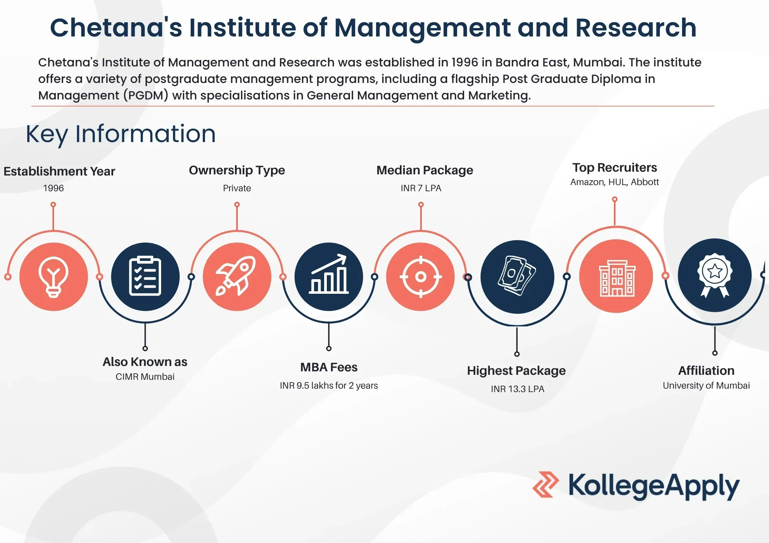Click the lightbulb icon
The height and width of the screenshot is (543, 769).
click(53, 277)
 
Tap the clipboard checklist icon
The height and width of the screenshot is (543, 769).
click(145, 276)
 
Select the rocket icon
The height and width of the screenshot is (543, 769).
click(236, 276)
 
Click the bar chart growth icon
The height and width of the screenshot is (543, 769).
click(329, 274)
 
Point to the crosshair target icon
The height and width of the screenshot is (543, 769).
click(421, 276)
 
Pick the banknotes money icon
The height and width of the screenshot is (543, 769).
click(517, 276)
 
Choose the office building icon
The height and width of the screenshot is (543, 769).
click(618, 278)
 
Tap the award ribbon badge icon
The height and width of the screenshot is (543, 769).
click(715, 275)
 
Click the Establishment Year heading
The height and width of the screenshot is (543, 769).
click(59, 171)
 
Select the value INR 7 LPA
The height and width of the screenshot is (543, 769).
click(421, 188)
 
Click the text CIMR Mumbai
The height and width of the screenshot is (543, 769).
click(145, 377)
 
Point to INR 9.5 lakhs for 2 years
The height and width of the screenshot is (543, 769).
click(329, 386)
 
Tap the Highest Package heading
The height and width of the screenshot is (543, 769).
click(516, 371)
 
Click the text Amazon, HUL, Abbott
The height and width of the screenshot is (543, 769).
click(614, 182)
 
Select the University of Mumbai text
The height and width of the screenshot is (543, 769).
click(706, 386)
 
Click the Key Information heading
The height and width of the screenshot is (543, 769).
click(121, 134)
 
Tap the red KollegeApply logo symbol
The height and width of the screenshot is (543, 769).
click(546, 485)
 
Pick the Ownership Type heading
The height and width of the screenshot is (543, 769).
click(237, 170)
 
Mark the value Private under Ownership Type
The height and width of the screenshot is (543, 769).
click(237, 188)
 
